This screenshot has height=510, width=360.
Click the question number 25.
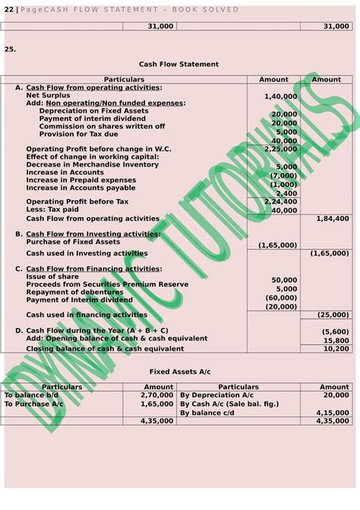tap(10, 49)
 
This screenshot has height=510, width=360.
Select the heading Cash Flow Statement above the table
tap(179, 65)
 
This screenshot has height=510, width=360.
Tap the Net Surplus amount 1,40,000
tap(280, 97)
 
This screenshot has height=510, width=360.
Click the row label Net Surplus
tap(49, 97)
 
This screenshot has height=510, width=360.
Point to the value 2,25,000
tap(280, 149)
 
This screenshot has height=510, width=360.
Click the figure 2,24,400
tap(280, 201)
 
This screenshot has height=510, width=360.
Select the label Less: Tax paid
tap(52, 210)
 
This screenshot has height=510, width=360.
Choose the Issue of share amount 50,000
tap(284, 280)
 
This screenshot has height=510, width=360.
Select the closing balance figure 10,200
tap(336, 349)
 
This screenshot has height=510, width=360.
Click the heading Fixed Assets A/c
tap(179, 372)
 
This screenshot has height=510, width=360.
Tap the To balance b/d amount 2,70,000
tap(158, 396)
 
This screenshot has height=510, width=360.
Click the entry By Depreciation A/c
tap(216, 396)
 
